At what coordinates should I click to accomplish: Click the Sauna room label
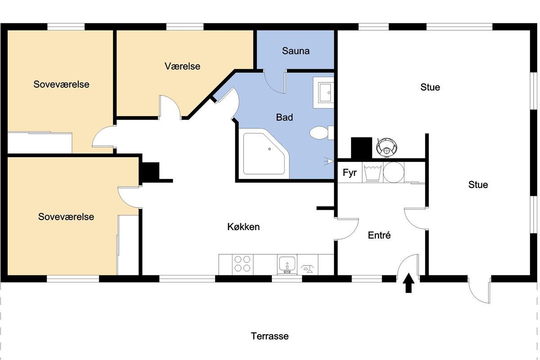tap(296, 51)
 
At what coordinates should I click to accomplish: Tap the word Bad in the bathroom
tap(284, 117)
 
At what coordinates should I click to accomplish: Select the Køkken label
tap(243, 227)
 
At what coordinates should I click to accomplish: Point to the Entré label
tap(379, 235)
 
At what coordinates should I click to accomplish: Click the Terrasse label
tap(270, 336)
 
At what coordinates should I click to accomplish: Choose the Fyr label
tap(350, 173)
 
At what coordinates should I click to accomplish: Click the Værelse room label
tap(182, 66)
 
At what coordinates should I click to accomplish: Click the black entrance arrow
tap(409, 283)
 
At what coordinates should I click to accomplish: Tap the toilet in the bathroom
tap(322, 133)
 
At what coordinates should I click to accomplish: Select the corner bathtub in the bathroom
tap(264, 153)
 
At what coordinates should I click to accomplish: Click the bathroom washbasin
tap(324, 93)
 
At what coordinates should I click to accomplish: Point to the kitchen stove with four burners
tap(243, 264)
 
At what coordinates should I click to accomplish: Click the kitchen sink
tap(287, 265)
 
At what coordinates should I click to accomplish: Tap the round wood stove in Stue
tap(387, 148)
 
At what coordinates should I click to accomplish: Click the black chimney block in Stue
tap(361, 148)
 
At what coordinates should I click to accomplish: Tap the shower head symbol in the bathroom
tap(329, 161)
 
